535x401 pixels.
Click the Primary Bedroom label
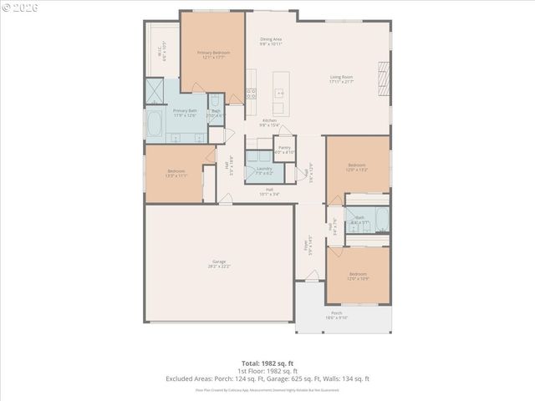[x=214, y=53]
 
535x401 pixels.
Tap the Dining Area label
[x=270, y=39]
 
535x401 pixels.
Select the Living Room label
[x=340, y=77]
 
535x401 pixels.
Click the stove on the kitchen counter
[x=251, y=94]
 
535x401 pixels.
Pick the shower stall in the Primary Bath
[x=155, y=90]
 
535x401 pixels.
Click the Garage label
[x=219, y=262]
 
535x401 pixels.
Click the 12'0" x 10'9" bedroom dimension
[x=358, y=277]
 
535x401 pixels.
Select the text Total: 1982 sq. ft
[x=267, y=364]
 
